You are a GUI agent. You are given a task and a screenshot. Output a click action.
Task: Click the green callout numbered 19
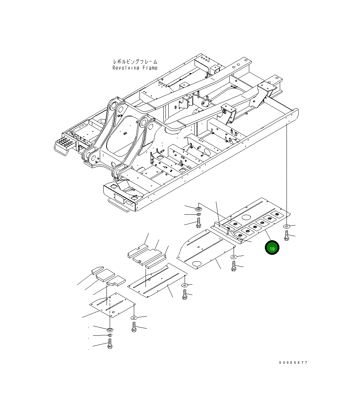point(272,248)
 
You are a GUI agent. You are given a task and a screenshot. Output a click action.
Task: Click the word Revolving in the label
point(126,68)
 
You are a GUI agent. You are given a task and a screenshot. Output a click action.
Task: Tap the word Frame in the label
point(150,68)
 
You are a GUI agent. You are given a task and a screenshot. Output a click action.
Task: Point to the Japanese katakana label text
point(135,62)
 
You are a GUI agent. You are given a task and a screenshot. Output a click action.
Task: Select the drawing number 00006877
point(293,362)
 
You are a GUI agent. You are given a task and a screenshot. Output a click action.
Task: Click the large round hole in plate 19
point(246,217)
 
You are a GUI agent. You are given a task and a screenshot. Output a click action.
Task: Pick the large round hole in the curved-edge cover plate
point(197,264)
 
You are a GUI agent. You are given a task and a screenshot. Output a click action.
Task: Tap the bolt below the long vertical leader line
point(287,235)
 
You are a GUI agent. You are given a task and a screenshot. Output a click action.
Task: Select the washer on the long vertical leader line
point(287,226)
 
